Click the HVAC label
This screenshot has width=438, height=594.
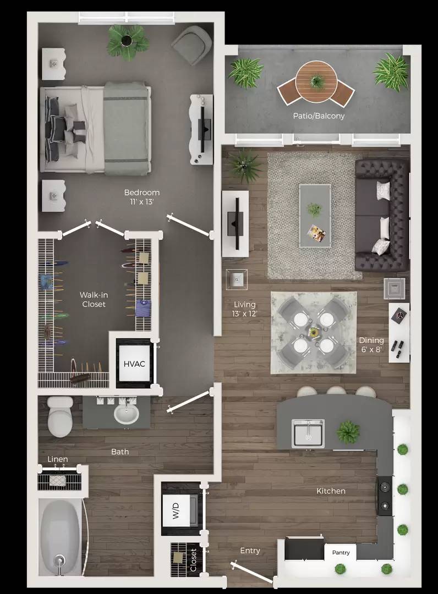point(134,364)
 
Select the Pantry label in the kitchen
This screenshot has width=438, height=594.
point(341,552)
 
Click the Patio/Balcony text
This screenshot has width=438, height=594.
point(319,116)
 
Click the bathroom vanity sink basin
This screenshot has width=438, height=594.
point(127,414)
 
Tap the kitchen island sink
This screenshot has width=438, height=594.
point(308,432)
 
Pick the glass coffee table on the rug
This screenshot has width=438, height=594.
point(315,215)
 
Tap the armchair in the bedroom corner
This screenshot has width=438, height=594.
point(192,43)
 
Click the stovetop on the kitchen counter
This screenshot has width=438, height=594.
point(384,496)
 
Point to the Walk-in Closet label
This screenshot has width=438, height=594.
point(94,300)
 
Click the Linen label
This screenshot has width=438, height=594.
point(58,459)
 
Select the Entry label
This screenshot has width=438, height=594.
point(250,550)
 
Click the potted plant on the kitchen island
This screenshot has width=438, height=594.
point(348,432)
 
